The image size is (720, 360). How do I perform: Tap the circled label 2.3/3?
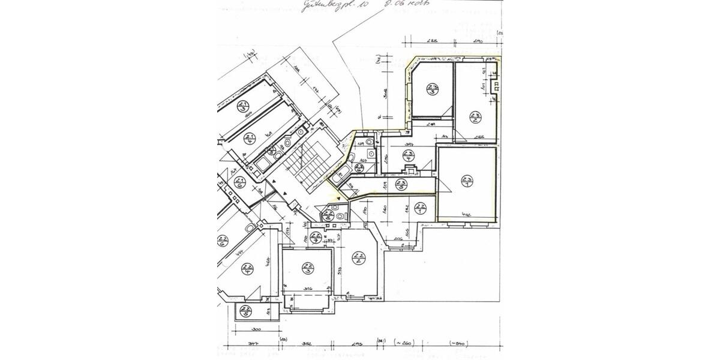point(431,90)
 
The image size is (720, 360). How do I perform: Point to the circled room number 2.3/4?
point(409,157)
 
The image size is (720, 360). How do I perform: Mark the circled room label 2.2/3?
point(308,268)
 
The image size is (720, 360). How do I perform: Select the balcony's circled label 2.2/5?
point(245,311)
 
